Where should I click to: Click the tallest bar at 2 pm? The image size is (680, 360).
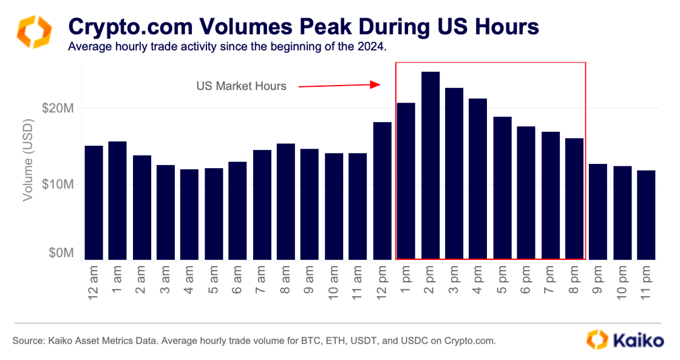[430, 165]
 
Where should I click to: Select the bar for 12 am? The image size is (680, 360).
[93, 202]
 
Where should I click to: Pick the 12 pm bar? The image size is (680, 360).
[382, 191]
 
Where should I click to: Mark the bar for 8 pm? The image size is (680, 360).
[574, 199]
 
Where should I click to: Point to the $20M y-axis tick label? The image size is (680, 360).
[58, 109]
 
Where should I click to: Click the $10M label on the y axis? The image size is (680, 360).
[58, 184]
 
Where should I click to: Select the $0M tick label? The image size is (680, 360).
[61, 253]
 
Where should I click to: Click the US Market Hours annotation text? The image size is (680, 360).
[241, 86]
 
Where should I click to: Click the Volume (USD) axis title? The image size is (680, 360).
[28, 159]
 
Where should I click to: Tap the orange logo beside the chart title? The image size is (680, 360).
[33, 33]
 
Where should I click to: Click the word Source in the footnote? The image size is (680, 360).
[27, 341]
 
